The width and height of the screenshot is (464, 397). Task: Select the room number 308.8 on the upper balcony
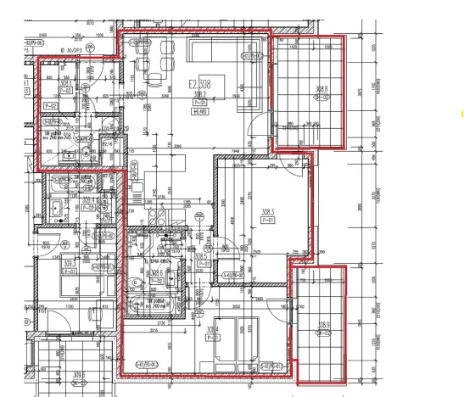click(321, 88)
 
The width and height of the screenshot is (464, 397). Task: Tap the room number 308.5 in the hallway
click(202, 255)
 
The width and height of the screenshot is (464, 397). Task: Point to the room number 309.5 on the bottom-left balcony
click(79, 374)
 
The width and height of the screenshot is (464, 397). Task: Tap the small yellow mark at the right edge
click(461, 112)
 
